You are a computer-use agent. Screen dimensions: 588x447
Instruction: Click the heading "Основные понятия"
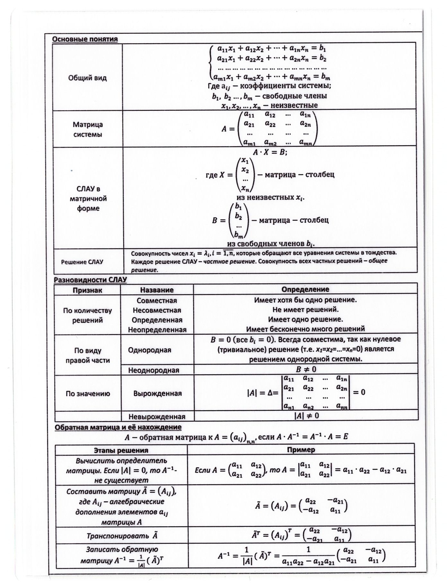(x=85, y=39)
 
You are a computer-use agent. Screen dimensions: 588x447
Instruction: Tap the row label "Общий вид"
(x=87, y=78)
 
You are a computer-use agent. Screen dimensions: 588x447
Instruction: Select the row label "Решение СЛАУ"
(x=82, y=262)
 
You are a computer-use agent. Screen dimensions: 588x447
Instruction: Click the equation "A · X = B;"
(x=269, y=152)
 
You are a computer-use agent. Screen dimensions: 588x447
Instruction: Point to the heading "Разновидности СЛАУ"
(x=90, y=280)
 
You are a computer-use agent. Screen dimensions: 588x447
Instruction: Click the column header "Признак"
(x=87, y=290)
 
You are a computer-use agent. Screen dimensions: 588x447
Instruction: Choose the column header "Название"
(x=157, y=290)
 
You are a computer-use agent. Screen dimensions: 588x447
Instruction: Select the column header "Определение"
(x=305, y=289)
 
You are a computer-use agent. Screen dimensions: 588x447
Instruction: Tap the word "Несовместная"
(x=157, y=310)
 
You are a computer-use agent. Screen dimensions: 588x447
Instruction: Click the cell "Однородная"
(x=150, y=350)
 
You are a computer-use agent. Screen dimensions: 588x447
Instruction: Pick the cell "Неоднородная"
(x=153, y=370)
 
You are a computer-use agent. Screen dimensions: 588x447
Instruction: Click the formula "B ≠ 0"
(x=306, y=369)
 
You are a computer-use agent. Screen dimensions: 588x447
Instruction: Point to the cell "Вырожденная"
(x=157, y=393)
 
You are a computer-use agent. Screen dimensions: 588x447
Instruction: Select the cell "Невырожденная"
(x=157, y=417)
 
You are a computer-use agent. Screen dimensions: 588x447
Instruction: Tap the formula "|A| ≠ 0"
(x=306, y=416)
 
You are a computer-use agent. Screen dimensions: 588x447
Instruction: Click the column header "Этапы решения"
(x=121, y=450)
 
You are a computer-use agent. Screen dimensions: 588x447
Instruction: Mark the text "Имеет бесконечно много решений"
(x=305, y=329)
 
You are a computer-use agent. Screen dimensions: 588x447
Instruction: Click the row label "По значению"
(x=88, y=394)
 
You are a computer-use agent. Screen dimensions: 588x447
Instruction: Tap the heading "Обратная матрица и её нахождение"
(x=118, y=427)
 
